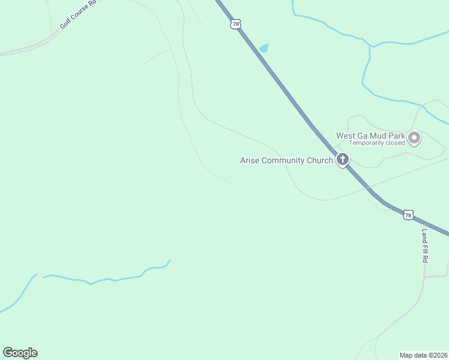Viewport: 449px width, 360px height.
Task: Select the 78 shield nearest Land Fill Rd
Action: [409, 215]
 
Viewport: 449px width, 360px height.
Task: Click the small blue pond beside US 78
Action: [264, 48]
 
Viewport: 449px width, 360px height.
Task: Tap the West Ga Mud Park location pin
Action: [414, 139]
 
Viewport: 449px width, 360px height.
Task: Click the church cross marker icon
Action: [343, 160]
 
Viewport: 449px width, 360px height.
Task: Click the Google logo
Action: [20, 353]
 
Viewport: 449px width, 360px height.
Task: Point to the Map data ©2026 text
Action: [423, 355]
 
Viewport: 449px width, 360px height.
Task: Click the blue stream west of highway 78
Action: [108, 279]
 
